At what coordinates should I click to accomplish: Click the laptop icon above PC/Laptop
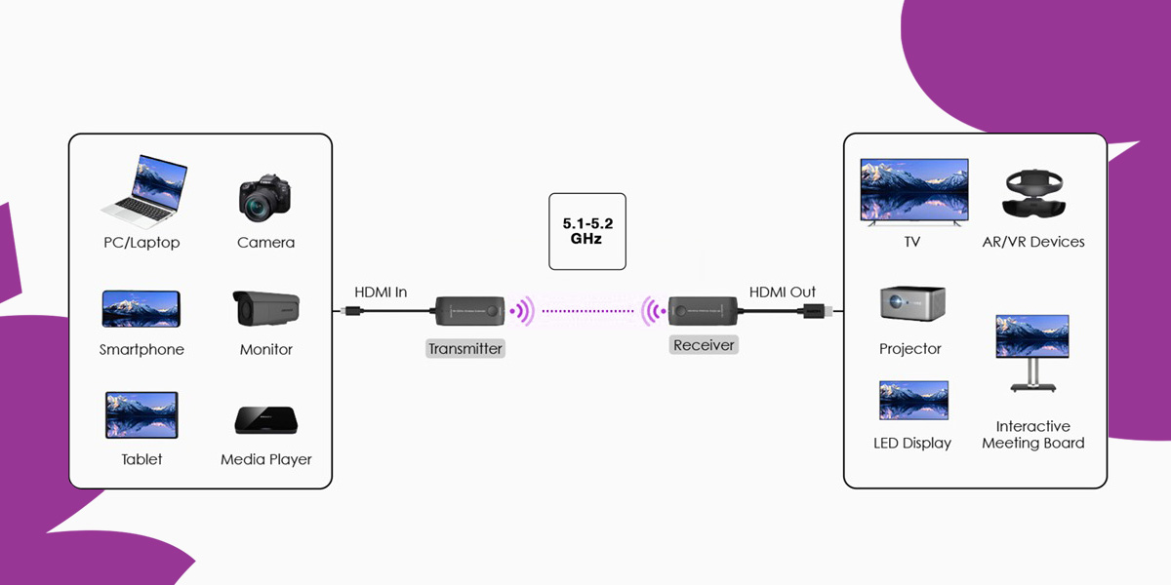click(x=143, y=191)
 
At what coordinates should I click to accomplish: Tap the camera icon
click(x=265, y=198)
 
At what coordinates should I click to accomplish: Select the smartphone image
click(x=141, y=308)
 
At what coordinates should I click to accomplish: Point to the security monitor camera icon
click(x=265, y=308)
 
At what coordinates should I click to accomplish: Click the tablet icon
click(x=141, y=415)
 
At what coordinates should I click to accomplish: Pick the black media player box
click(x=265, y=419)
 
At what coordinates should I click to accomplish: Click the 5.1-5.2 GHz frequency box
click(x=586, y=230)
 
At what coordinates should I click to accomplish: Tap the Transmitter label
click(x=465, y=348)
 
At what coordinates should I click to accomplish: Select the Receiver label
click(x=704, y=345)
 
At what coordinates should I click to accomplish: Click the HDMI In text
click(x=381, y=292)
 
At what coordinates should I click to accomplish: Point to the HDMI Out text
click(x=783, y=292)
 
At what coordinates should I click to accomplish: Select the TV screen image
click(x=913, y=192)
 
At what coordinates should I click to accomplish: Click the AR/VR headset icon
click(x=1032, y=194)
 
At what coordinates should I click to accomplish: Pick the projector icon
click(x=911, y=304)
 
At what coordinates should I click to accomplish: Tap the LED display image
click(x=913, y=401)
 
